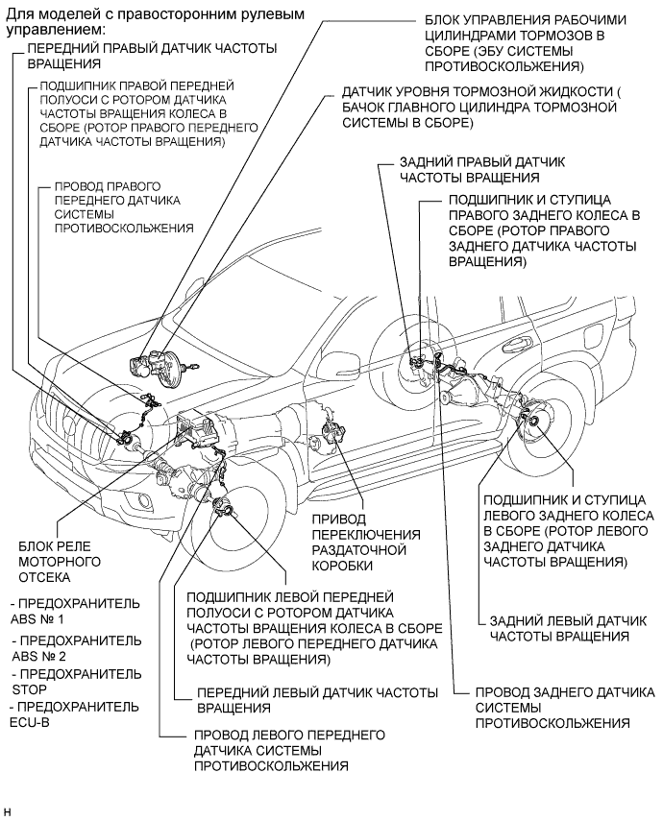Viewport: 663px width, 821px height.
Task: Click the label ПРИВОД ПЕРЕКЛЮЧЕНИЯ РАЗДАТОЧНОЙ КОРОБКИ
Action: [x=365, y=543]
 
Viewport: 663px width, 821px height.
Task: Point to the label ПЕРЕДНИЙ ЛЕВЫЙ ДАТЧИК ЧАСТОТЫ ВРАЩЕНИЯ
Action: [x=317, y=700]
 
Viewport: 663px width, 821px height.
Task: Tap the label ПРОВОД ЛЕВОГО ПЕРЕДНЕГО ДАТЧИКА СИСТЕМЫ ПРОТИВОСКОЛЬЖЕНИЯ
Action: [x=289, y=749]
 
